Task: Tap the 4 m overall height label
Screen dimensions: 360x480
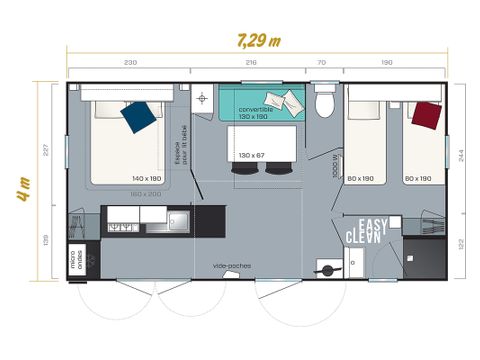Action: (22, 187)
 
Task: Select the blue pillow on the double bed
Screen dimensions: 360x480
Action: (138, 116)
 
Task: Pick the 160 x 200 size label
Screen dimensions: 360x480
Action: (146, 193)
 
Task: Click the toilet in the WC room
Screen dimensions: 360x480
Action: (322, 104)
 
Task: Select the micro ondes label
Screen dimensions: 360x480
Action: (75, 258)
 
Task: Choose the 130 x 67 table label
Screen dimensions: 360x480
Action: (253, 155)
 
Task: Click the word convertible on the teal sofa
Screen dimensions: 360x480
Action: (255, 109)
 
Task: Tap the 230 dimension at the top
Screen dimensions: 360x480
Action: (130, 63)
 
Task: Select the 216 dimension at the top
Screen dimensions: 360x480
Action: (251, 63)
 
